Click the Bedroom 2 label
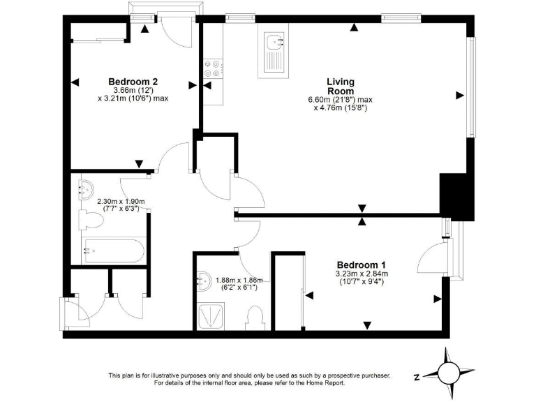point(132,81)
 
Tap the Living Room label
point(340,87)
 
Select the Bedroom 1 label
point(361,265)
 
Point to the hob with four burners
point(212,68)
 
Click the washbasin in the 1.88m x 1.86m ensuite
point(204,281)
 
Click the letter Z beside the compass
point(416,377)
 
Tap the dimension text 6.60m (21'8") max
point(340,100)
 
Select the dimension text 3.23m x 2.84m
point(361,274)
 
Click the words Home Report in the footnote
point(326,383)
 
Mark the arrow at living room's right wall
point(459,95)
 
